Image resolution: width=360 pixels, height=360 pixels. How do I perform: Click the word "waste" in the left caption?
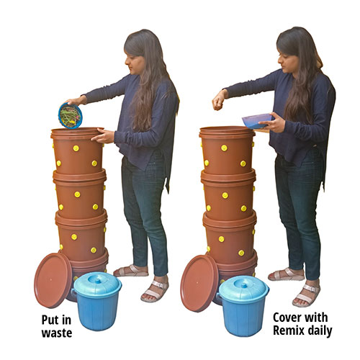[x=57, y=333]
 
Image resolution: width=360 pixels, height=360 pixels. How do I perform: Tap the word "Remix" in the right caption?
[x=288, y=330]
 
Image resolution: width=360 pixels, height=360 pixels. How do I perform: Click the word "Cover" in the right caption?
[x=288, y=318]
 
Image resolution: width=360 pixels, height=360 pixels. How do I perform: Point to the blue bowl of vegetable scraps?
[x=71, y=116]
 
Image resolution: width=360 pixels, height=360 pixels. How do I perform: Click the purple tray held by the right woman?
[x=258, y=121]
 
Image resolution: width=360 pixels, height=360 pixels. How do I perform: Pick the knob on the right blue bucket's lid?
[x=243, y=284]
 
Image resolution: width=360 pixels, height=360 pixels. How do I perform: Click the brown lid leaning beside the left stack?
[x=53, y=280]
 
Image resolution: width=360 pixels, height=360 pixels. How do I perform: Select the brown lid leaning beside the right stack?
[x=199, y=283]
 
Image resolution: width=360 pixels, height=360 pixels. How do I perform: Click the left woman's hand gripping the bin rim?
[x=103, y=136]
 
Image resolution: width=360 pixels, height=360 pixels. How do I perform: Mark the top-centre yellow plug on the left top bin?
[x=76, y=148]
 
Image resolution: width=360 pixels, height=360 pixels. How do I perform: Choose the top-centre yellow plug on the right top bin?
[x=224, y=148]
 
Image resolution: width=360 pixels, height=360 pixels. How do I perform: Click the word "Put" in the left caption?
[x=50, y=320]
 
